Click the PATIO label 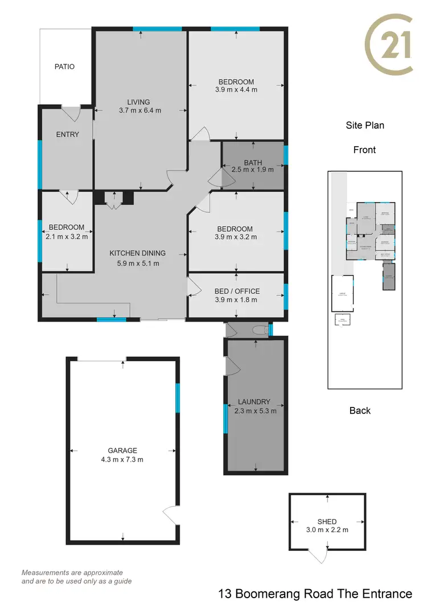tap(64, 67)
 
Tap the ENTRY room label tap(67, 135)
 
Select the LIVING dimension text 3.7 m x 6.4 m tap(140, 110)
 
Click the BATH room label tap(253, 163)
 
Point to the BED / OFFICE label tap(237, 291)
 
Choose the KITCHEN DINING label tap(138, 253)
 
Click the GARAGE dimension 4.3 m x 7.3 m tap(123, 459)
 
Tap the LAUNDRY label tap(255, 402)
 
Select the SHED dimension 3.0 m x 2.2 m tap(327, 529)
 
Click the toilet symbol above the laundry tap(260, 330)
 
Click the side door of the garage tap(171, 515)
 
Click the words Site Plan tap(365, 125)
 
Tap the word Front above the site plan tap(364, 150)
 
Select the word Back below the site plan tap(360, 410)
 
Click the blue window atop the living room tap(157, 28)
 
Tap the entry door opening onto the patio tap(71, 113)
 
